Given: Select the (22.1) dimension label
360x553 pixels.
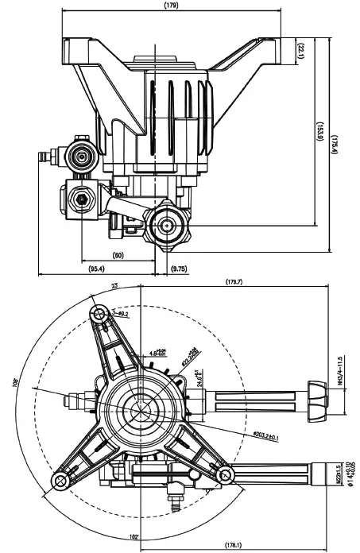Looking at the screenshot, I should (301, 49).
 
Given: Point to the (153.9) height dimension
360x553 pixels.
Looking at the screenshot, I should (319, 131).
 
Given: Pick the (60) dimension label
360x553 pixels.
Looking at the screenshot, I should (118, 256).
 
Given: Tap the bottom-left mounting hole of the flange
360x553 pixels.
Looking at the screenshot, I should (58, 481).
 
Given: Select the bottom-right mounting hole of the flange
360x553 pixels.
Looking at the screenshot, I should (226, 475).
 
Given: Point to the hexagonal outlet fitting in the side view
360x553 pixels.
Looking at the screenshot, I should (168, 225).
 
